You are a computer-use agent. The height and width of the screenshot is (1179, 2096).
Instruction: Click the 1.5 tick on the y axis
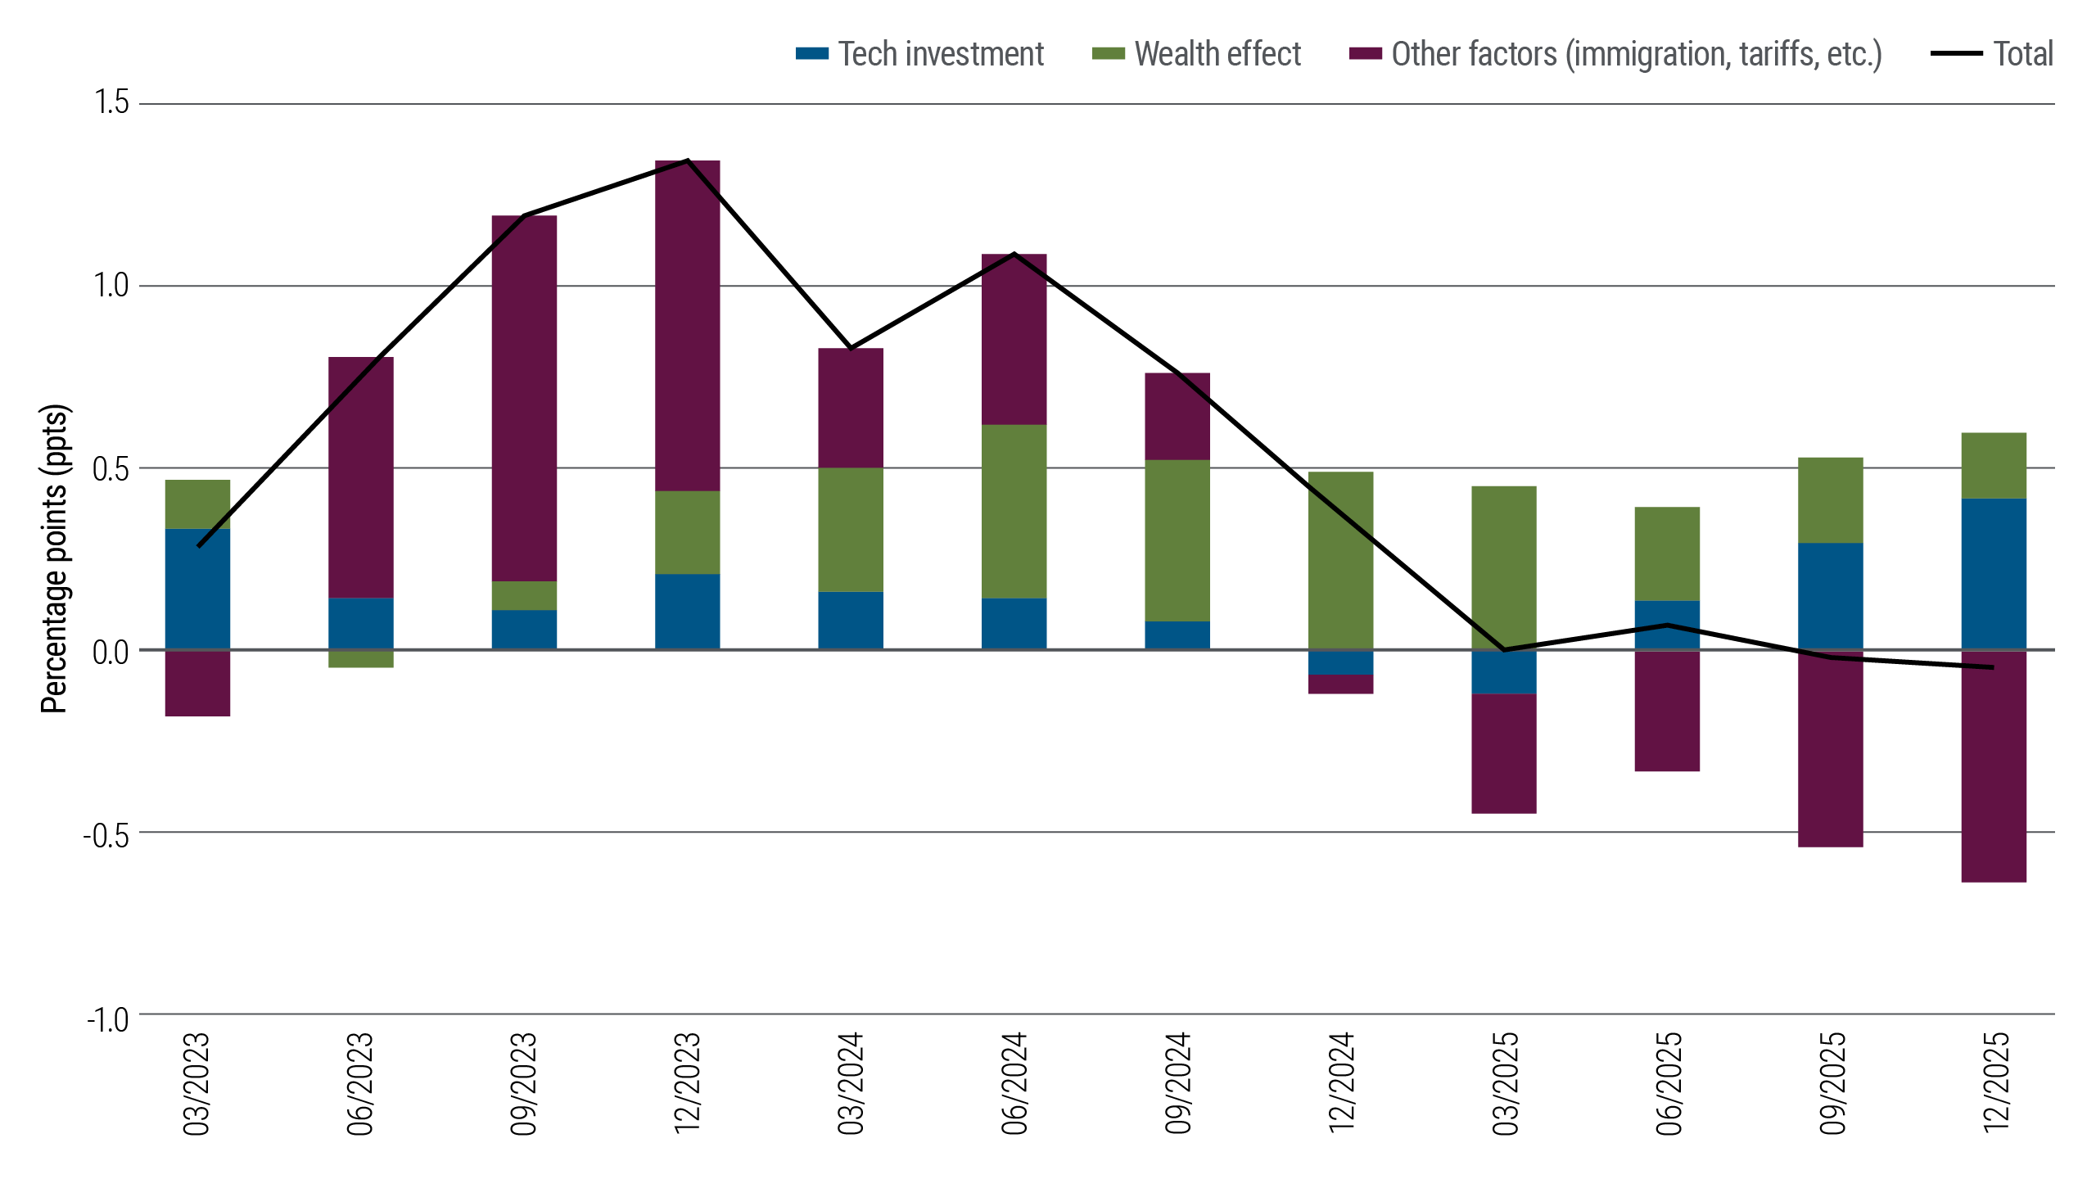point(111,103)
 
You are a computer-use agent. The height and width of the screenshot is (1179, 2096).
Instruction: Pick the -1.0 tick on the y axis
point(108,1020)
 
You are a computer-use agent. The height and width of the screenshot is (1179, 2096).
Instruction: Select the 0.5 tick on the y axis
point(111,469)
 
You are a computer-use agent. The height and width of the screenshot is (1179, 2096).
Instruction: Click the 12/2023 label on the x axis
point(687,1082)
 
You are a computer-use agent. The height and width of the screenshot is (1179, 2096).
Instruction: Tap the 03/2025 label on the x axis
point(1505,1082)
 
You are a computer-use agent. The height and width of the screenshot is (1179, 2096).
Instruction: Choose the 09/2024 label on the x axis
point(1177,1082)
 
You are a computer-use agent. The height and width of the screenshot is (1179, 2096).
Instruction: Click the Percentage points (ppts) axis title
point(55,558)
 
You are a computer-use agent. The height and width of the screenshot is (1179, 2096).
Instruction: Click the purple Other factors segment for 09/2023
point(524,398)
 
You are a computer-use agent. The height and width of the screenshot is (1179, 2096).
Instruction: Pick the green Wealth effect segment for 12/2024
point(1340,560)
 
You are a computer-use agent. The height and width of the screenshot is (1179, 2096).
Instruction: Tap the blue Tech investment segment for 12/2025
point(1994,574)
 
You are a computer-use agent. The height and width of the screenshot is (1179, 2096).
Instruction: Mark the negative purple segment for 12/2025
point(1994,766)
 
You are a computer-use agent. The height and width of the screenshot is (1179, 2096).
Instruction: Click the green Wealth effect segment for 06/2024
point(1014,511)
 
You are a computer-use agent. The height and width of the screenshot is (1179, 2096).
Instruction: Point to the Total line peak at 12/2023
point(687,160)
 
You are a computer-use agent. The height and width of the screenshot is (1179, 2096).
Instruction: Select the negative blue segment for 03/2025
point(1503,672)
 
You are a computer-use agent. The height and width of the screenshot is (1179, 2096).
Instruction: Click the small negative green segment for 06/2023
point(361,659)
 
